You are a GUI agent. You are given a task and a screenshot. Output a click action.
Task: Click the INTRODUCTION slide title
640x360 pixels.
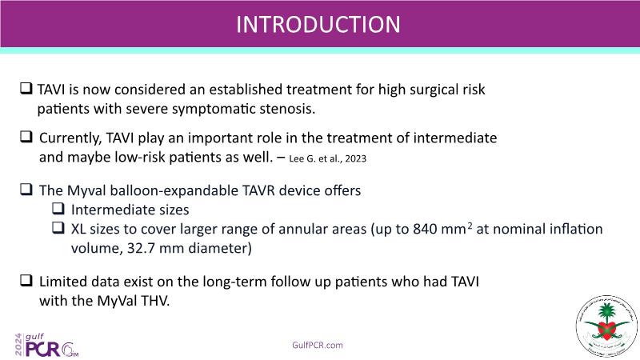(x=318, y=25)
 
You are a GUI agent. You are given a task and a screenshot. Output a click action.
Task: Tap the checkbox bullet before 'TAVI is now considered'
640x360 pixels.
(x=26, y=88)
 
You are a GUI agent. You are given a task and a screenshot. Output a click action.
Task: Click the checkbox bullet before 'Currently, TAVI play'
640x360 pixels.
(x=26, y=136)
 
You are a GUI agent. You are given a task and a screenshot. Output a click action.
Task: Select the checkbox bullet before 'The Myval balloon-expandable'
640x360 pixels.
(x=26, y=189)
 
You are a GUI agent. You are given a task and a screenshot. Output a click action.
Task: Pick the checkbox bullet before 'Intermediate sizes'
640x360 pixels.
(x=58, y=208)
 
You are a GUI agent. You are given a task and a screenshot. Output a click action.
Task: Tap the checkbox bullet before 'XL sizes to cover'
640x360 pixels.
(x=58, y=227)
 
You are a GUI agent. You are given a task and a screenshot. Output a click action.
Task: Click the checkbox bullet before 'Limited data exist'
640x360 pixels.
(x=26, y=280)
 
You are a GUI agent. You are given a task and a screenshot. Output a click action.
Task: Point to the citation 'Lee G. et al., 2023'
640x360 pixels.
(x=327, y=158)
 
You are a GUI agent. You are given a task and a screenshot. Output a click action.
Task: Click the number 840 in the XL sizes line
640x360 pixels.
(x=425, y=229)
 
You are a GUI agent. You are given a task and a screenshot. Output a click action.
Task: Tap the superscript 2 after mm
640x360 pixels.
(x=470, y=225)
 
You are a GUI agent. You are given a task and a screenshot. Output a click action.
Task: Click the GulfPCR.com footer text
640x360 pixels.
(x=318, y=346)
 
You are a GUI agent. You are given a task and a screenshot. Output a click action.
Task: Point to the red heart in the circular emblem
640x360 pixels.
(x=607, y=329)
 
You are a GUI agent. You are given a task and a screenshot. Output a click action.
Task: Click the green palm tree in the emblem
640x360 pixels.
(x=607, y=313)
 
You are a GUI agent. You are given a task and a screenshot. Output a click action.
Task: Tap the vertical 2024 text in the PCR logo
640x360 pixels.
(x=18, y=345)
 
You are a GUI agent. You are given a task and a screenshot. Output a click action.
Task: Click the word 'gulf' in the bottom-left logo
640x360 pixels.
(x=34, y=337)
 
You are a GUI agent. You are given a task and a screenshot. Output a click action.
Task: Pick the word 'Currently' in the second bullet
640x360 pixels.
(x=70, y=138)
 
